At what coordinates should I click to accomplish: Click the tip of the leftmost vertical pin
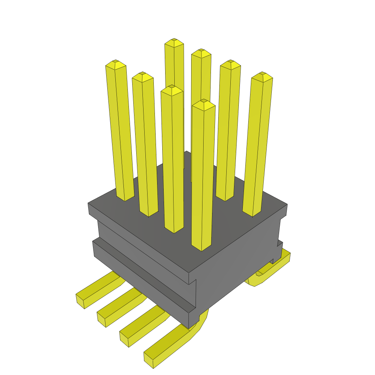point(116,65)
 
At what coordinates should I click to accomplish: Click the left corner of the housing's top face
point(89,203)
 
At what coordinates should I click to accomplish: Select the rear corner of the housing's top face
point(187,151)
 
